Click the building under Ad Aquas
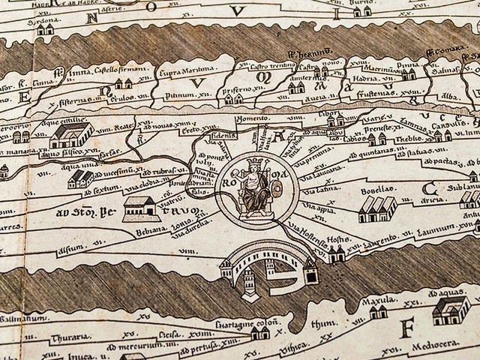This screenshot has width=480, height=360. [x=451, y=308]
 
